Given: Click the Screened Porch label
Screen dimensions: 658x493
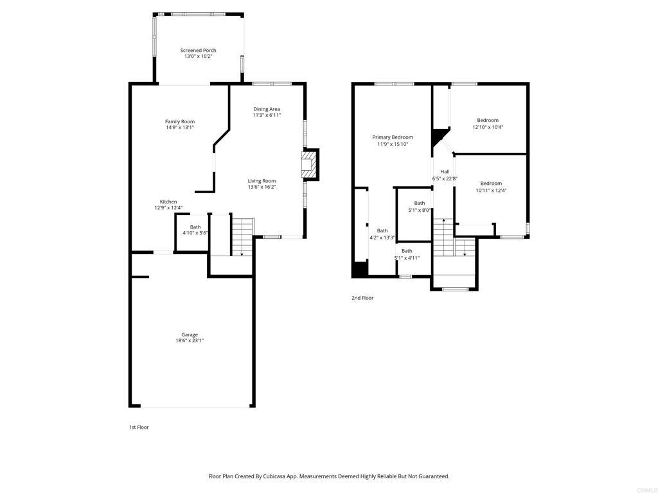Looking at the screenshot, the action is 198,50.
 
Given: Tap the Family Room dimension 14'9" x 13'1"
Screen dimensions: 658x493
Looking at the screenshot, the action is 180,128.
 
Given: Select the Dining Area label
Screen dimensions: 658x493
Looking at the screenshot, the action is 267,109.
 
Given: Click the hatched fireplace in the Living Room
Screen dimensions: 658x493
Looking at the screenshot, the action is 308,165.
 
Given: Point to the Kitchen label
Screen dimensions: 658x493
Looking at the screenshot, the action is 168,202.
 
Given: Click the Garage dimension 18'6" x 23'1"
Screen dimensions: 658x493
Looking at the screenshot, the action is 190,341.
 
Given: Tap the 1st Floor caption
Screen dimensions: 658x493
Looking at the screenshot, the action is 139,427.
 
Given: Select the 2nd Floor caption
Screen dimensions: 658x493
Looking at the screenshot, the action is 362,298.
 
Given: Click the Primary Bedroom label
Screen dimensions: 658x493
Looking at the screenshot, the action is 393,137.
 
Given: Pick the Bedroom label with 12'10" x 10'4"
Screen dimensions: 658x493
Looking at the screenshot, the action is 488,120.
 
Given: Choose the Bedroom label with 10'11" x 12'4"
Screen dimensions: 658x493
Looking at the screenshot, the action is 491,183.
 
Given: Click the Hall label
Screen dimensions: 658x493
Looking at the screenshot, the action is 445,171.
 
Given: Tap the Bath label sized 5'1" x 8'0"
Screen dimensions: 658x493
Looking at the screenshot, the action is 419,203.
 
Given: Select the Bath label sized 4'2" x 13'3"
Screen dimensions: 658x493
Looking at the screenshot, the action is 382,230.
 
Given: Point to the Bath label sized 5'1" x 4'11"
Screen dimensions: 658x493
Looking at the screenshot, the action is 407,251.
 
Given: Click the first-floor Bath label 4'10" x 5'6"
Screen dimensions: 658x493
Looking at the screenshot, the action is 195,227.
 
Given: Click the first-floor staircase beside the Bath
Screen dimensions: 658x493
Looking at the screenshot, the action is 242,237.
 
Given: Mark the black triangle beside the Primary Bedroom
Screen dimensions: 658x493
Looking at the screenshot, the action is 438,136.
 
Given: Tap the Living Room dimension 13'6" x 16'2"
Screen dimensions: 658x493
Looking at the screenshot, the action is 262,187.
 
